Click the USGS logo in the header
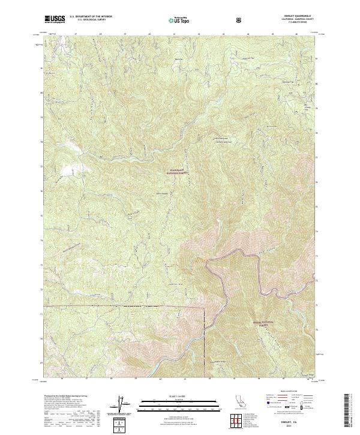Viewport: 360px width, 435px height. click(55, 19)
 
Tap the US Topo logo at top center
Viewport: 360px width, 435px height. click(180, 20)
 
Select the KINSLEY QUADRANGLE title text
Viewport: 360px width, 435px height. click(289, 16)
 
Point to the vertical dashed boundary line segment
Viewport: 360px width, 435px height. click(205, 336)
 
